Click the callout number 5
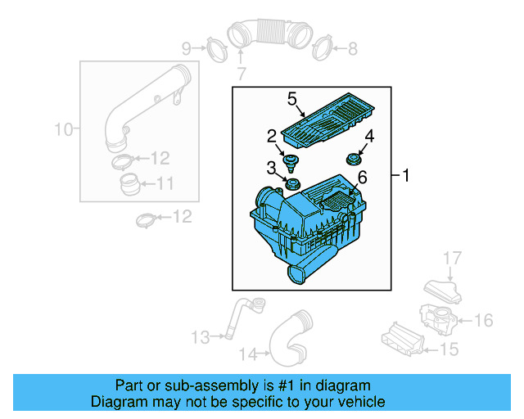click(x=291, y=99)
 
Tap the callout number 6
click(x=362, y=176)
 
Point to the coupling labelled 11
click(x=129, y=183)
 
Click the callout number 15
click(x=449, y=350)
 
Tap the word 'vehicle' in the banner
click(x=360, y=402)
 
